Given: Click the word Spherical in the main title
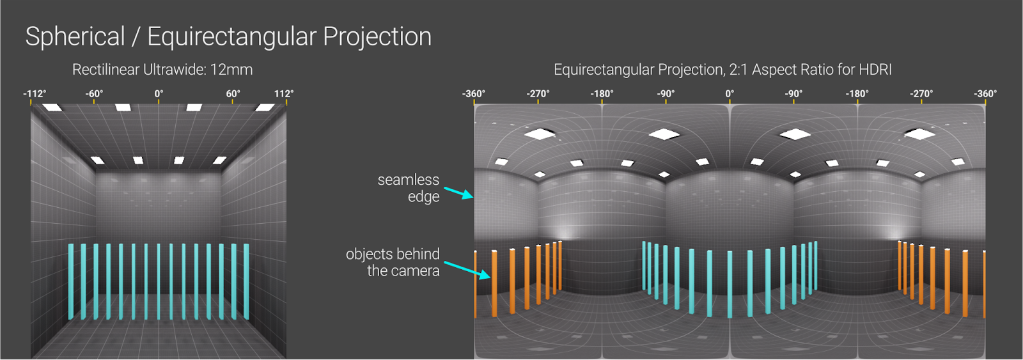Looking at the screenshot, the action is point(75,36).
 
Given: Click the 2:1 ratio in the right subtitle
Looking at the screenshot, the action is point(739,70).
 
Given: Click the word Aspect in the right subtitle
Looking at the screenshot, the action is point(772,70).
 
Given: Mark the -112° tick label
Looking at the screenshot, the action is point(35,93).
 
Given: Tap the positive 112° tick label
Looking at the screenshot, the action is point(284,93).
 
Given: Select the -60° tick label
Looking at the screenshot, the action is point(94,93).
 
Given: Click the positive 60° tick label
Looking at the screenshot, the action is point(233,93).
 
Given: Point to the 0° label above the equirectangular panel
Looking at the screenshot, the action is point(730,93).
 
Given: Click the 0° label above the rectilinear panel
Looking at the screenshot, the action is point(159,93).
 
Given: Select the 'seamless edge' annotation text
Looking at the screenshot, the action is point(409,188).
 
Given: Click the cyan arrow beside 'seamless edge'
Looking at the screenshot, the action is point(458,193).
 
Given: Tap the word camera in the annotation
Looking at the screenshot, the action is point(414,271).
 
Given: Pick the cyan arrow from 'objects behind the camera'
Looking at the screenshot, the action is point(467,270).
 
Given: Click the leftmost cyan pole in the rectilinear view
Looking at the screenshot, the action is point(71,281).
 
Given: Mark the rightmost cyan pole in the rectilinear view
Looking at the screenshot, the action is point(246,281).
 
